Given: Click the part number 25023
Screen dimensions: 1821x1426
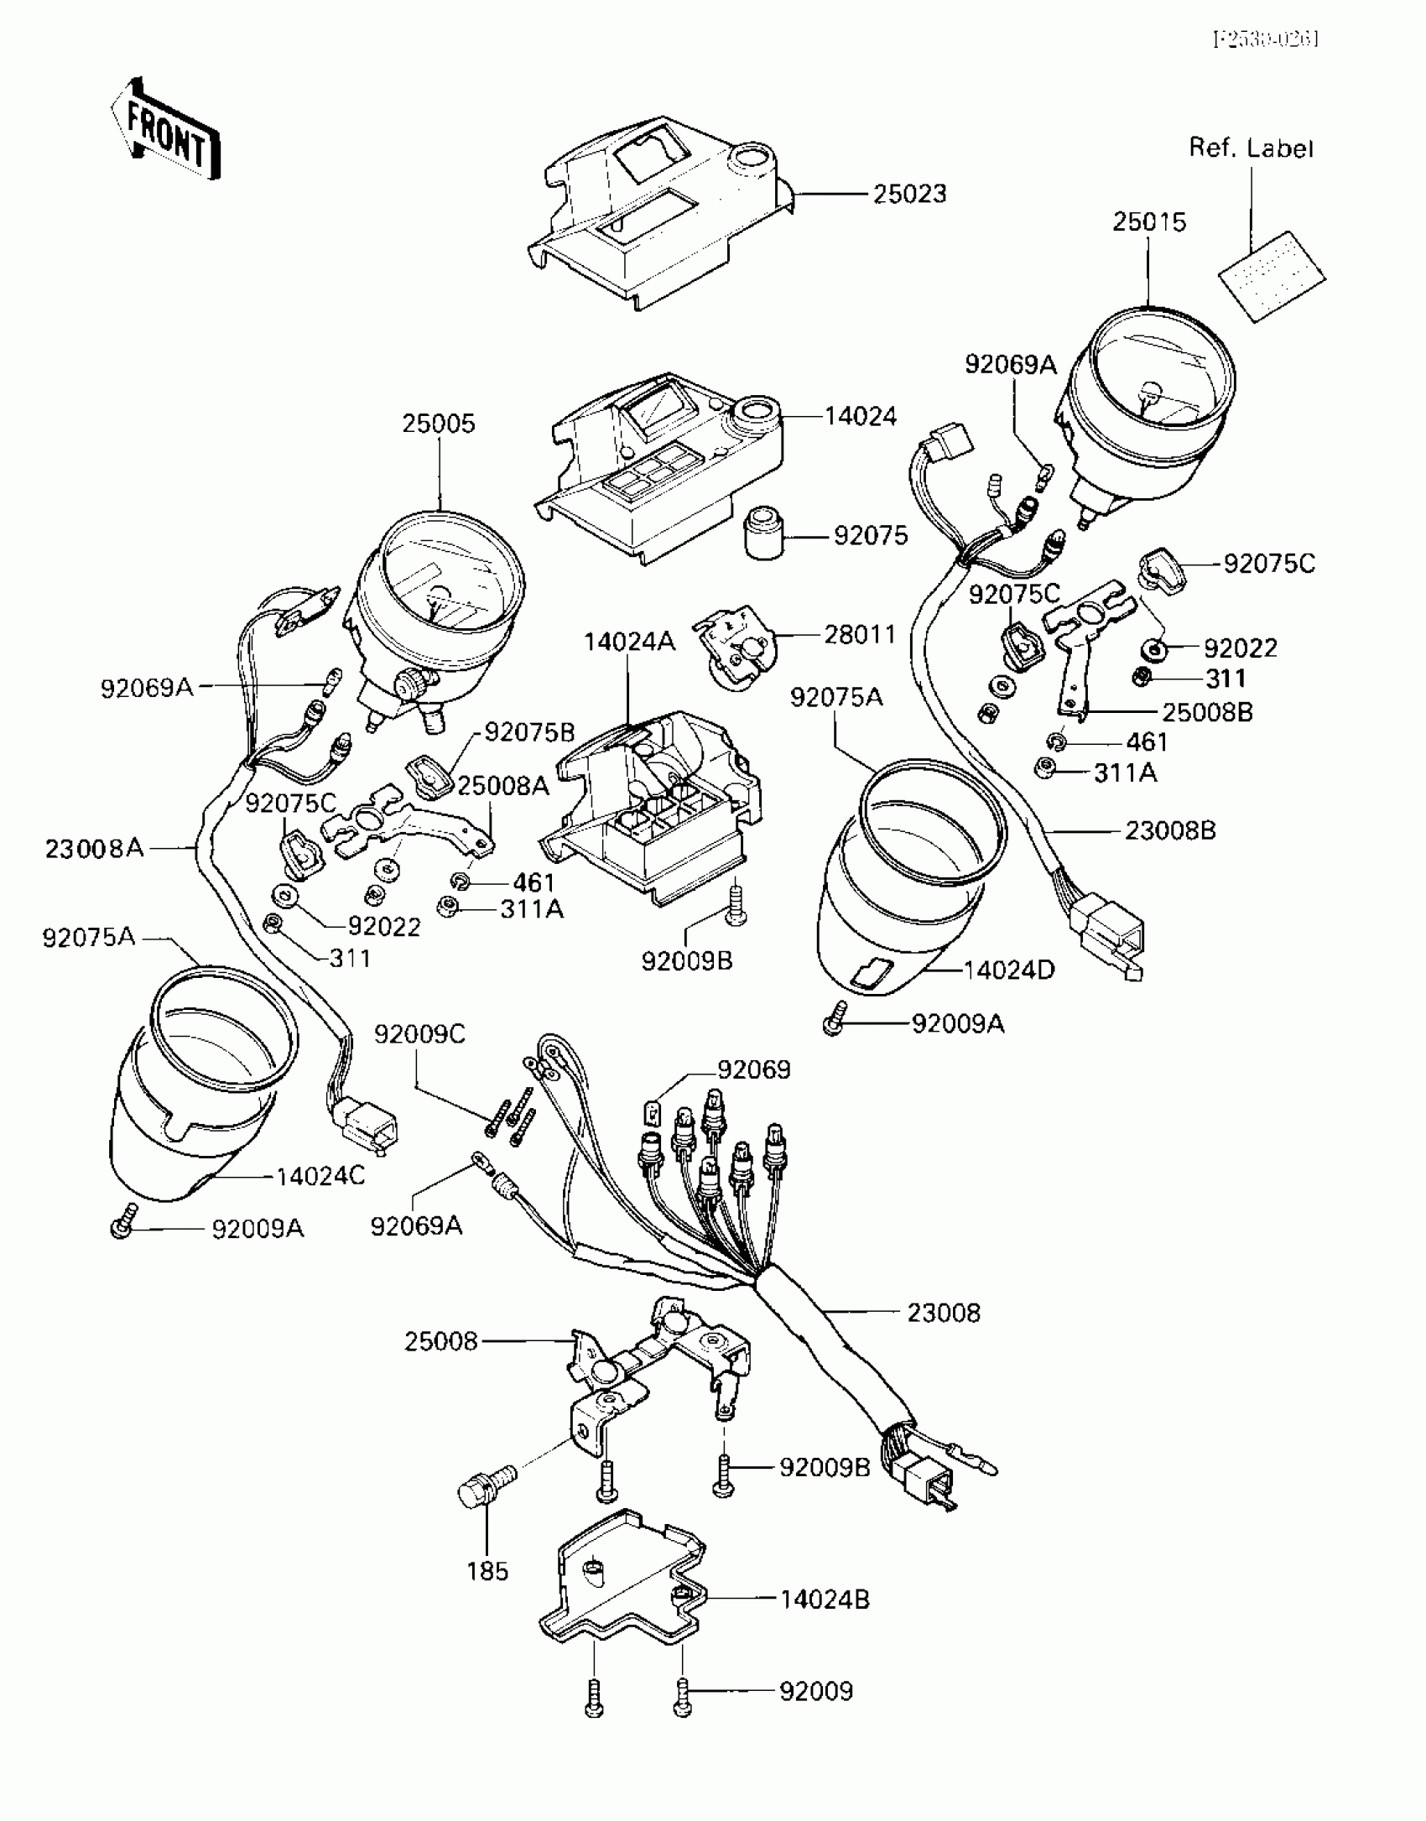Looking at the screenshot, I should click(909, 194).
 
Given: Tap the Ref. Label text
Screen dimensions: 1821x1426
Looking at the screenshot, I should click(1251, 148).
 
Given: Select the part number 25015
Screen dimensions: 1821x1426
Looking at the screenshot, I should click(1149, 222).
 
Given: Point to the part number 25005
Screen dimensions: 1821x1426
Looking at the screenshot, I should click(438, 424).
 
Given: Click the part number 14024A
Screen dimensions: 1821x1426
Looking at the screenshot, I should click(629, 642).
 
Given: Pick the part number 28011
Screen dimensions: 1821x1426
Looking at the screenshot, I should click(860, 634).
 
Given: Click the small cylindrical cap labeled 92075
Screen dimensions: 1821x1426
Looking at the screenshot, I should click(764, 532).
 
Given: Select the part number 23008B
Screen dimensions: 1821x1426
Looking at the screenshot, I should click(1169, 830).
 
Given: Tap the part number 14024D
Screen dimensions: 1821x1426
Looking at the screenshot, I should click(1010, 970).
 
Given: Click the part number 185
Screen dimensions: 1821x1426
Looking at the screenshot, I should click(487, 1571).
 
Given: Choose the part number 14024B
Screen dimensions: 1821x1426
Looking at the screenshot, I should click(825, 1600).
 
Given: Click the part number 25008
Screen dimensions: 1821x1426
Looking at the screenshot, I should click(440, 1341).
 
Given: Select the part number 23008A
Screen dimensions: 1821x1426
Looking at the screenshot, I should click(94, 849).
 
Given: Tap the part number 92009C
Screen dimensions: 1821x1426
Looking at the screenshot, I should click(419, 1034).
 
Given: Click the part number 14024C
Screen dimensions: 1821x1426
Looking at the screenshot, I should click(320, 1176).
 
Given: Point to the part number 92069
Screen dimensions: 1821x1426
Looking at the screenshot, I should click(753, 1069).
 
